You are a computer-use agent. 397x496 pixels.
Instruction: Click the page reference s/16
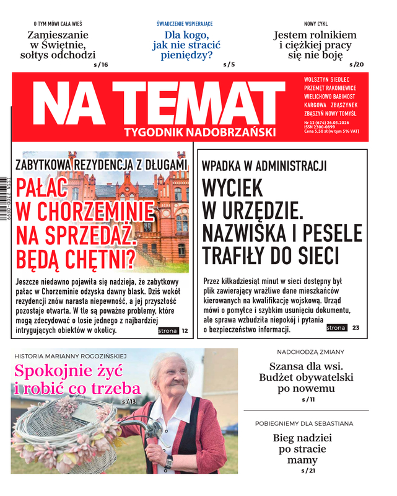[101, 64]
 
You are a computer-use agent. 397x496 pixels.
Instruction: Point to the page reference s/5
[229, 64]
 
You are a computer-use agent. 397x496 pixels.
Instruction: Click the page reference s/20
[357, 64]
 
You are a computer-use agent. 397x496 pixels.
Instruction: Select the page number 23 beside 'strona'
[356, 327]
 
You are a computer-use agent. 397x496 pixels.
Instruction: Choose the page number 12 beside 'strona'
[185, 331]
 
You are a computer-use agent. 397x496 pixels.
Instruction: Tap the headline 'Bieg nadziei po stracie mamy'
[302, 449]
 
